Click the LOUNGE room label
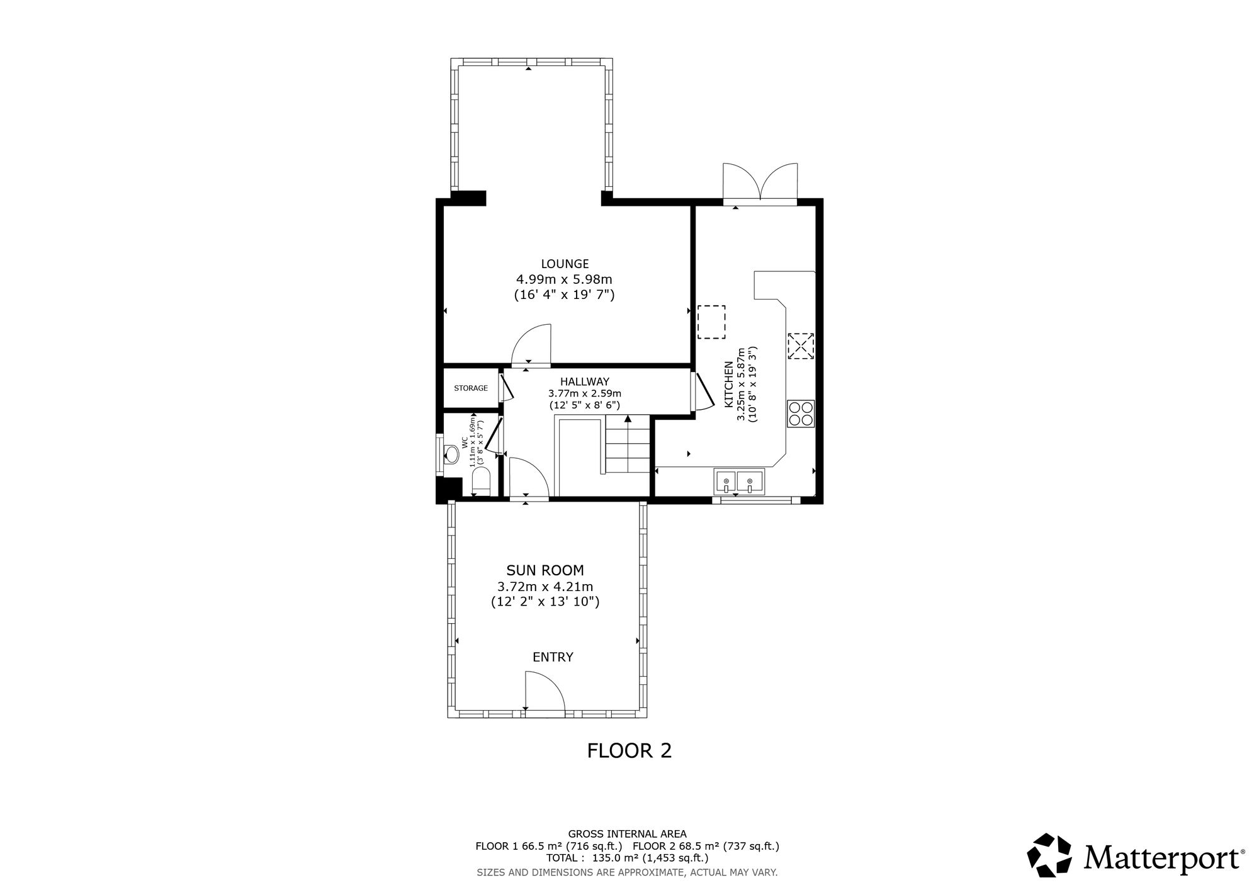[565, 264]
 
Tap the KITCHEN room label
[729, 384]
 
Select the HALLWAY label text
[585, 381]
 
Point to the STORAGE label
[471, 388]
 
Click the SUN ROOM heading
[545, 570]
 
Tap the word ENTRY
[553, 657]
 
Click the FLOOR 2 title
[629, 750]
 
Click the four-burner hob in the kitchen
[801, 414]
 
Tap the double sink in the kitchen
[738, 482]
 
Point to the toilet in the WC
[482, 481]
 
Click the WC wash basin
[451, 454]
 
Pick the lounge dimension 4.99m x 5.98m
[564, 279]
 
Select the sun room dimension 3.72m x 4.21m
[545, 587]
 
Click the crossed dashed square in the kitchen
[801, 346]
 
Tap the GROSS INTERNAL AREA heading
[628, 834]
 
